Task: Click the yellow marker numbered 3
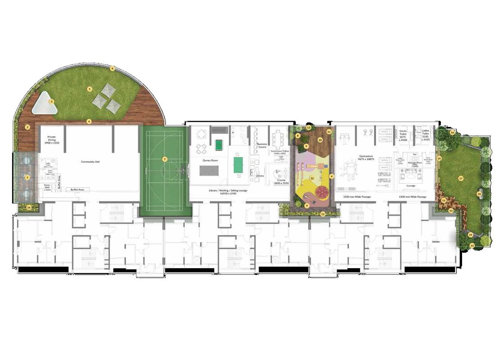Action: [x=52, y=102]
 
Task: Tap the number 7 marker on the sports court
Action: [x=165, y=159]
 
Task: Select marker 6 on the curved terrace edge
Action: [x=113, y=69]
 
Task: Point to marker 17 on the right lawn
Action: [x=461, y=178]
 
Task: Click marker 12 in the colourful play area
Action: [x=312, y=178]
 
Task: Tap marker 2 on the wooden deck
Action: [x=27, y=127]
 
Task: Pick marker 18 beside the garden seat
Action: [x=479, y=194]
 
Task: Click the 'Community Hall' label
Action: [x=90, y=162]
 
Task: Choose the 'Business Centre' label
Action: [x=262, y=145]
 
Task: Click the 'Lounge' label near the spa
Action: [x=411, y=185]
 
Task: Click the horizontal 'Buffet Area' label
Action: [x=77, y=190]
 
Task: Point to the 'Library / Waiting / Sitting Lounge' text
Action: [x=238, y=192]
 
